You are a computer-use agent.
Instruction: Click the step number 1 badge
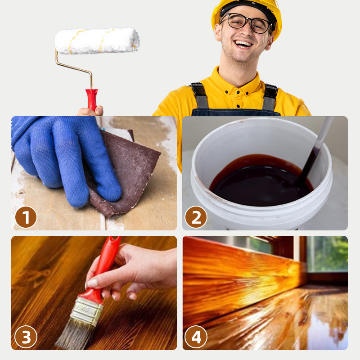[26, 217]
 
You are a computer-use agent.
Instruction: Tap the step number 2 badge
[196, 217]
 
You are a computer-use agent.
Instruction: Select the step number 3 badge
[26, 337]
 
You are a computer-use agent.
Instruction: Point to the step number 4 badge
[196, 337]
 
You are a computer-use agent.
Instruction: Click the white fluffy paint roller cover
[97, 41]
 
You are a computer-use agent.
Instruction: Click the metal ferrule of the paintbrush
[87, 311]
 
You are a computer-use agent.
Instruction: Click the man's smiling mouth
[243, 44]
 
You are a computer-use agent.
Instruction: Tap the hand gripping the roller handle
[90, 111]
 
